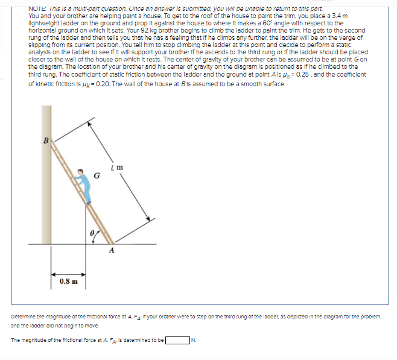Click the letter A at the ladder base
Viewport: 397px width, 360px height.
(112, 251)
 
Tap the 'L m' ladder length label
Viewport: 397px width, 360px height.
(118, 166)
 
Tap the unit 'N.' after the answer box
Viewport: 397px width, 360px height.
(193, 340)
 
